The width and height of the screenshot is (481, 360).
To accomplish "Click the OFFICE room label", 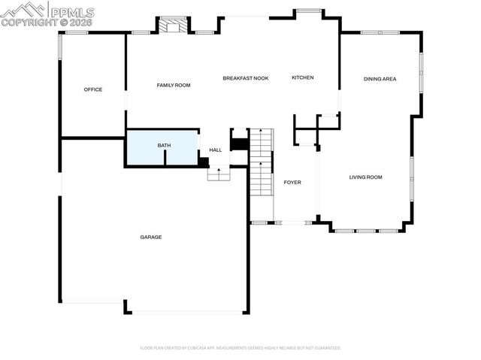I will click(92, 89).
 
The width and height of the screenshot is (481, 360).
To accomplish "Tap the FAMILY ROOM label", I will click(173, 86).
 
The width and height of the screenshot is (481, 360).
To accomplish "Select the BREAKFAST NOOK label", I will click(245, 78).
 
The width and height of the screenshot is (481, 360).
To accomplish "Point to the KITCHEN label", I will click(302, 78).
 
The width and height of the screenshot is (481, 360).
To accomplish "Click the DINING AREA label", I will click(380, 79).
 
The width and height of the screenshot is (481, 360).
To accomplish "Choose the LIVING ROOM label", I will click(365, 177).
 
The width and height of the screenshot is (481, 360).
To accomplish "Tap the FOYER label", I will click(292, 183).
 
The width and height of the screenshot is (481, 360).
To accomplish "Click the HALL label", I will click(216, 150).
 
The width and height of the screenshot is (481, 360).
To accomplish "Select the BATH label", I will click(164, 145).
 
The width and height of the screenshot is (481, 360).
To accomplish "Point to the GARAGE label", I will click(150, 237).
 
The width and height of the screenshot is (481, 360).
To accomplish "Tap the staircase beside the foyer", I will click(261, 162).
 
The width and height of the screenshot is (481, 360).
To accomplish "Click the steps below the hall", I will click(218, 174).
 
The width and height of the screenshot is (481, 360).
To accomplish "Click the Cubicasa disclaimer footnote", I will click(240, 348).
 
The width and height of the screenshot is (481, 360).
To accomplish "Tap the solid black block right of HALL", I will click(239, 143).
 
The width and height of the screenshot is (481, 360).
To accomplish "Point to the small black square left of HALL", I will click(203, 162).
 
